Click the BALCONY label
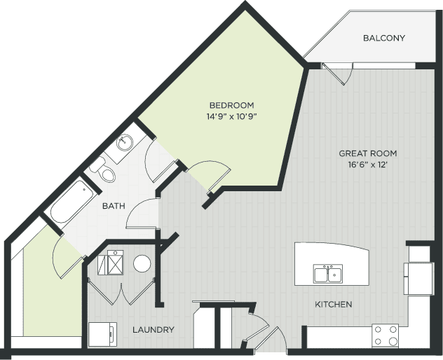tap(383, 38)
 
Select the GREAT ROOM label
tap(368, 153)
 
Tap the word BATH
tap(114, 206)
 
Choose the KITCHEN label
tap(333, 305)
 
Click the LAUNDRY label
tap(154, 329)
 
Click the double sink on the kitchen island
tap(327, 273)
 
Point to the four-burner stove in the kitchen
tap(385, 335)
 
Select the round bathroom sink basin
tap(125, 144)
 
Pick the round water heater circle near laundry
tap(142, 263)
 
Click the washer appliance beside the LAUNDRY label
tap(102, 335)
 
